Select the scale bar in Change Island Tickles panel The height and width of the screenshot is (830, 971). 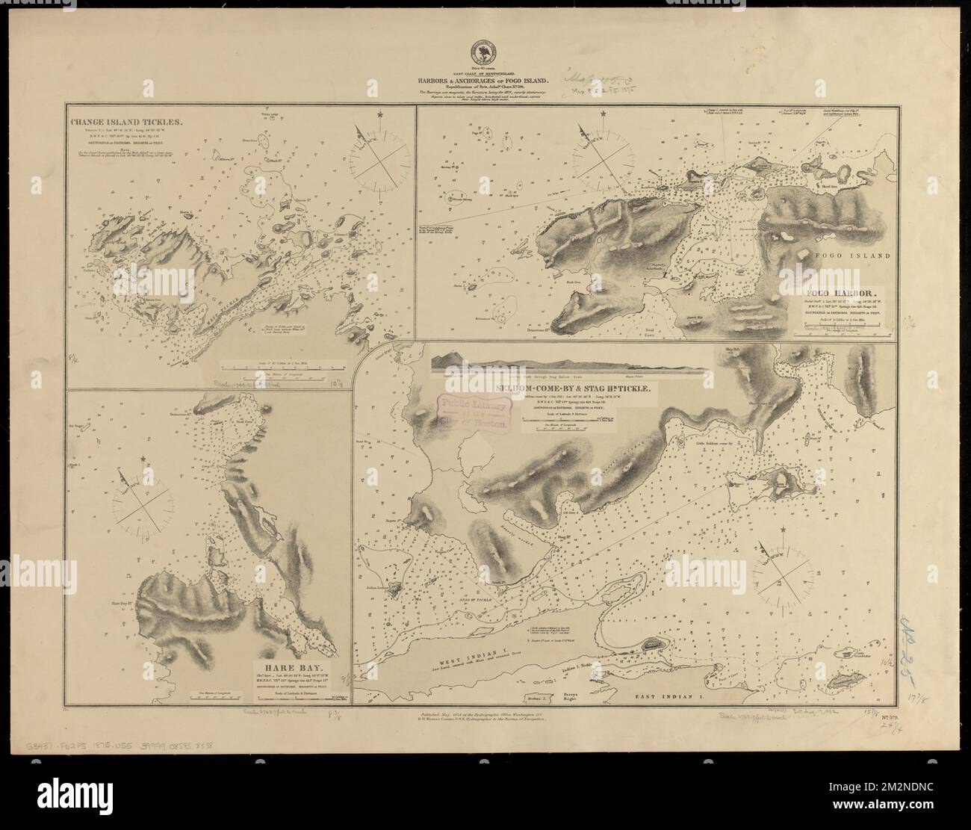click(x=282, y=368)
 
